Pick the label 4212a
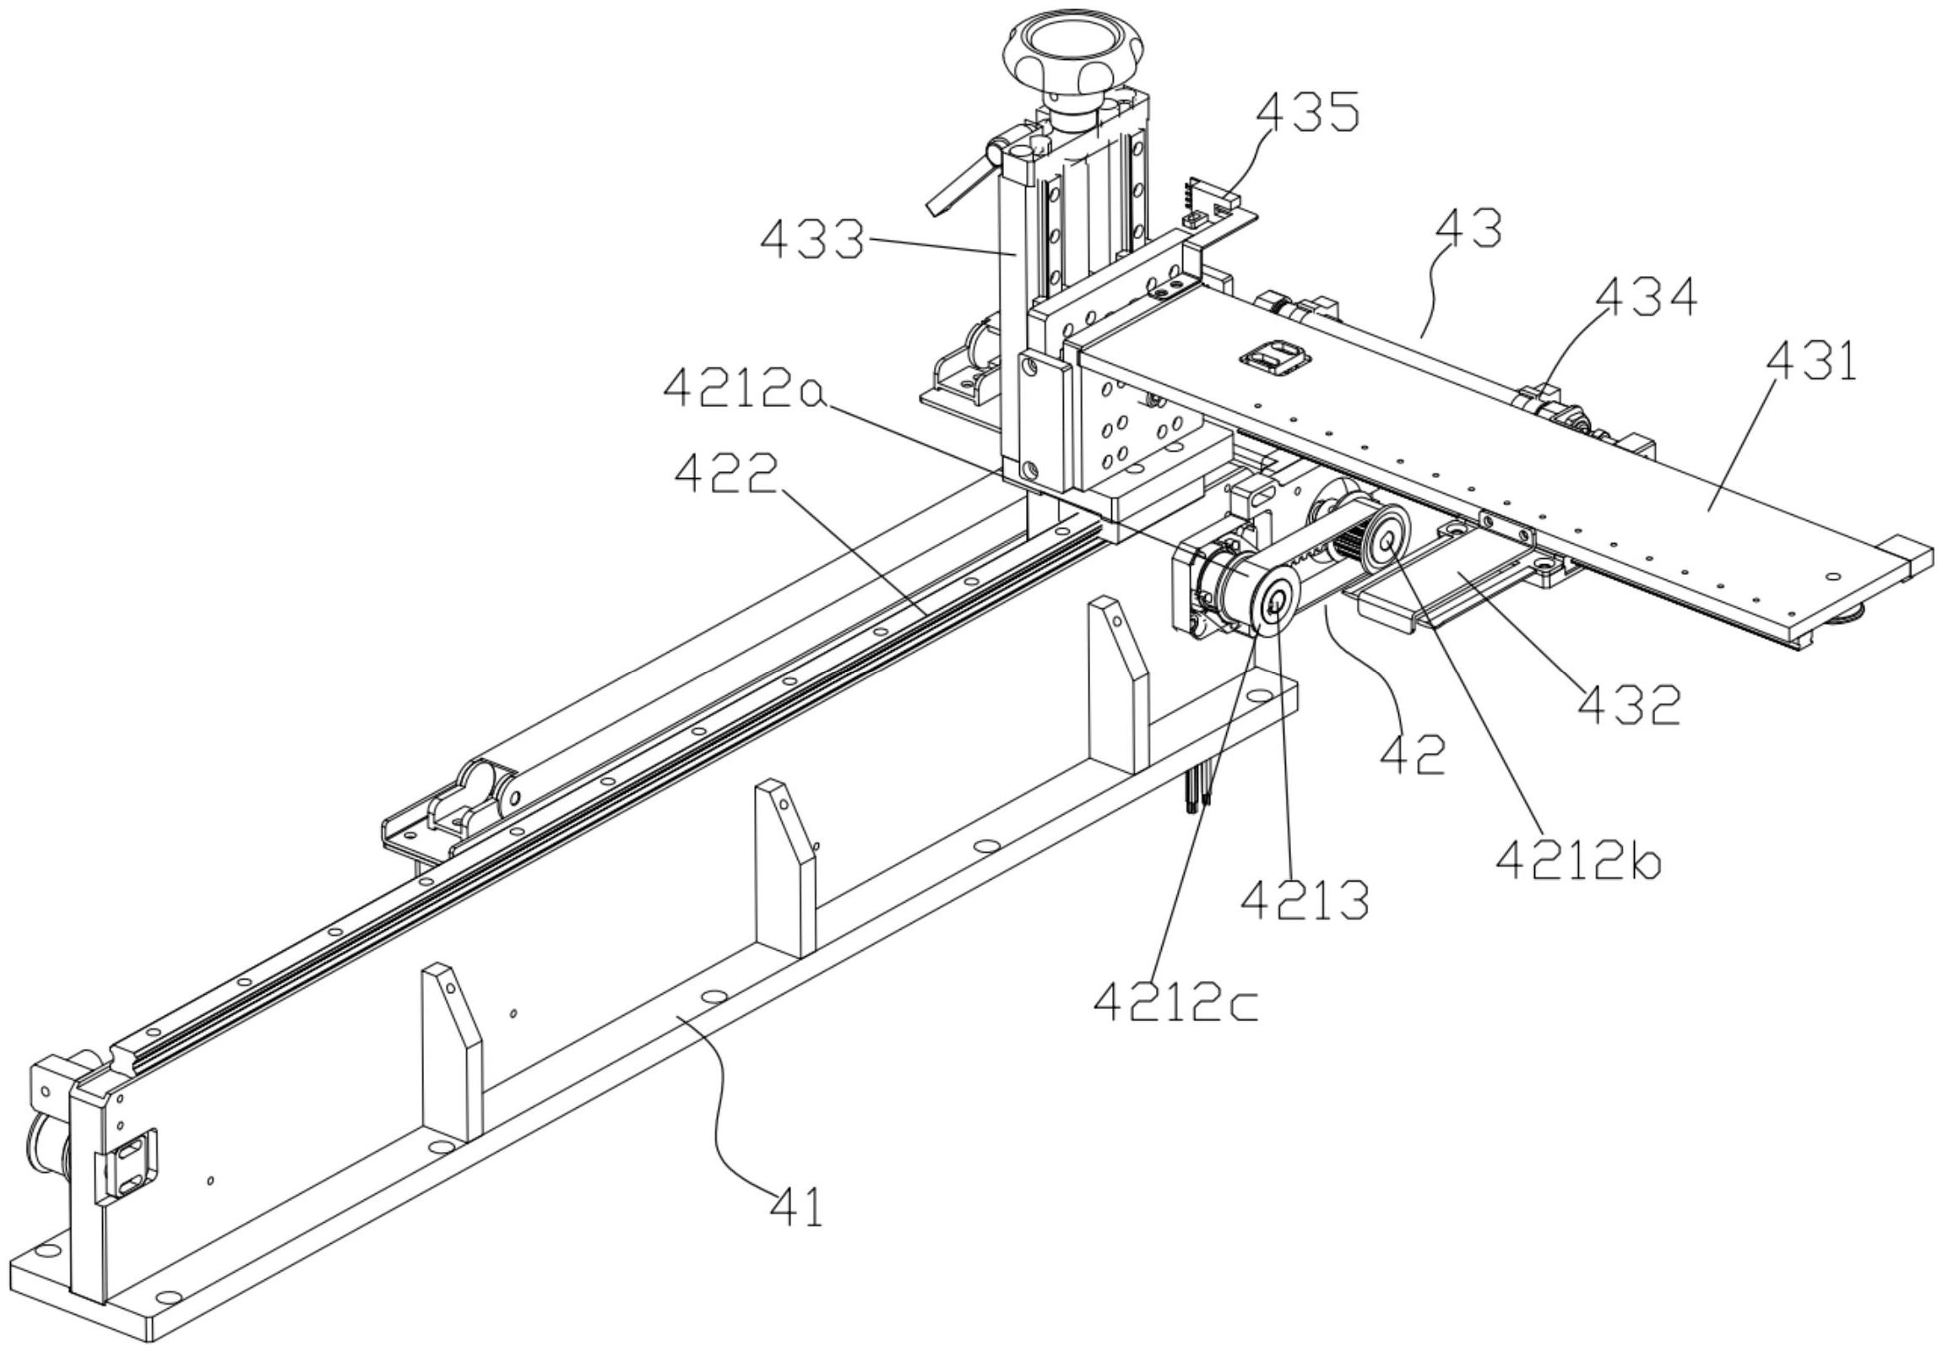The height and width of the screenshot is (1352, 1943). click(744, 388)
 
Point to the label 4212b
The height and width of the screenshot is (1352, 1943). click(1578, 861)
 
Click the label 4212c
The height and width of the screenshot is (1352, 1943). click(1175, 1002)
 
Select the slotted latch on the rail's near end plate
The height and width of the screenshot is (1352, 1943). click(130, 1165)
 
